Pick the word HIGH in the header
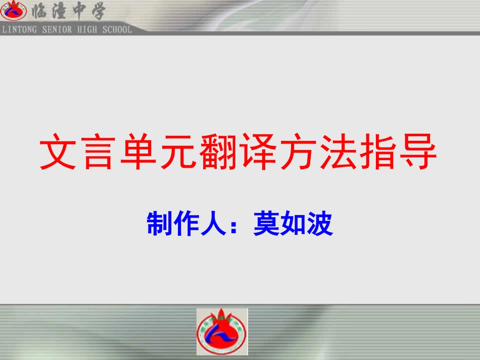point(88,29)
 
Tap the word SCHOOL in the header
point(117,29)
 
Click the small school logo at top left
point(13,11)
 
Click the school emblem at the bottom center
point(222,332)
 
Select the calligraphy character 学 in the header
point(94,11)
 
